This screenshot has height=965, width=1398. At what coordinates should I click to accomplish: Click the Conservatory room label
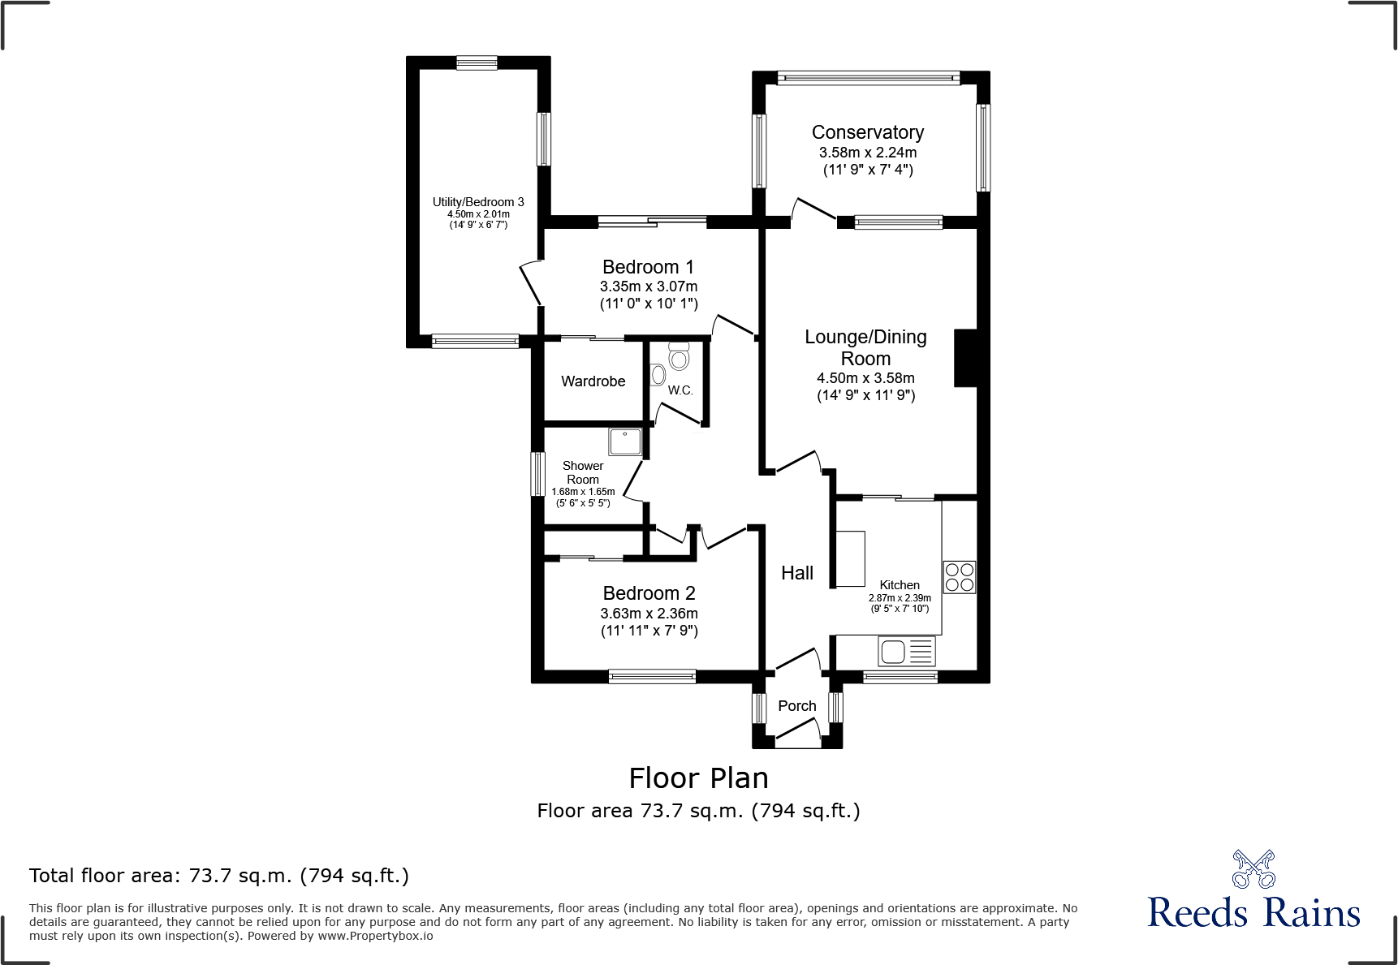tap(867, 132)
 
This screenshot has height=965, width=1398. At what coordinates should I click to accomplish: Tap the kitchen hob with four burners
tap(959, 577)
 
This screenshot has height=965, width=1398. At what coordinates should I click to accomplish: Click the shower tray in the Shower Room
tap(625, 442)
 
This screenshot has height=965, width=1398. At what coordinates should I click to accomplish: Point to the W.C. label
tap(680, 390)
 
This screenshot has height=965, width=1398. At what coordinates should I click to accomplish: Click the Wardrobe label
tap(593, 381)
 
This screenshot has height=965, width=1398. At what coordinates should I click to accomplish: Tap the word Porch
tap(796, 706)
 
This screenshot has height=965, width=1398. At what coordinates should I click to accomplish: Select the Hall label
tap(796, 573)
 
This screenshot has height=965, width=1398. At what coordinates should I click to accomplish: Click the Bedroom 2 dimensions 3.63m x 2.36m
tap(649, 614)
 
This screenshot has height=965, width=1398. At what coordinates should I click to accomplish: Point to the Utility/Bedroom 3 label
tap(478, 202)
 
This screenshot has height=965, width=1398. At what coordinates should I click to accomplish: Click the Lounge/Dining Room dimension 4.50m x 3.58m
tap(865, 378)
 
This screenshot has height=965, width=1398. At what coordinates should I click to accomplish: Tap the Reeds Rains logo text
tap(1253, 913)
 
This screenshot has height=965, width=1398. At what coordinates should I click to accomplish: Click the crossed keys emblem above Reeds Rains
tap(1253, 869)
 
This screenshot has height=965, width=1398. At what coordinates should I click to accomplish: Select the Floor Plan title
tap(698, 778)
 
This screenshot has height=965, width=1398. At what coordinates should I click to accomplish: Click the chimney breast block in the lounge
tap(965, 357)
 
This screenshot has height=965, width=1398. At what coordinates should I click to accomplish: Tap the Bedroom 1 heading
tap(648, 267)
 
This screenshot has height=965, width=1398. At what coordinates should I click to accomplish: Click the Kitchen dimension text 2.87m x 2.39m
tap(900, 598)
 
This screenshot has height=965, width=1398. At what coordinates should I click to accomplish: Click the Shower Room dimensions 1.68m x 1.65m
tap(583, 492)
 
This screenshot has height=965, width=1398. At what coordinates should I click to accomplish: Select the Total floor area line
tap(219, 876)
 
